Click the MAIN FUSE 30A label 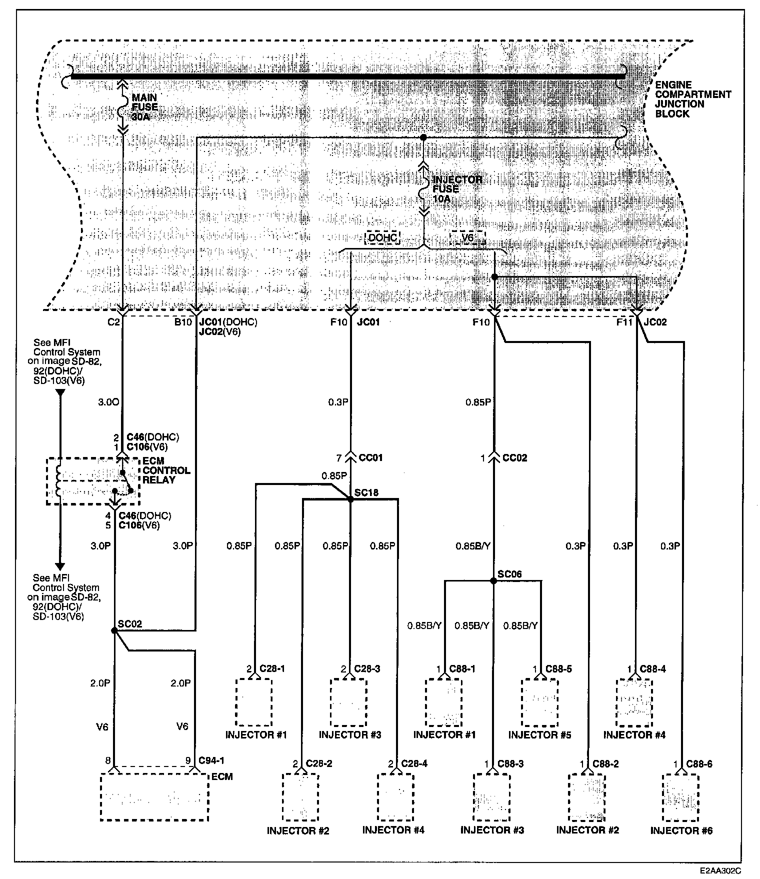144,106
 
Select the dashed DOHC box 383,237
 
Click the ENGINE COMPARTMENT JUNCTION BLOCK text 692,99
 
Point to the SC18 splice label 366,493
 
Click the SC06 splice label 509,574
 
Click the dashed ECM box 154,797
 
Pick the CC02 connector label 514,457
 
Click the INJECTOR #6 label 681,830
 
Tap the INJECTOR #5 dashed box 539,702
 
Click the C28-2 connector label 319,763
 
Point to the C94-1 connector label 211,760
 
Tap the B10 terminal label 183,322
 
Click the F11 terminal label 624,322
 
